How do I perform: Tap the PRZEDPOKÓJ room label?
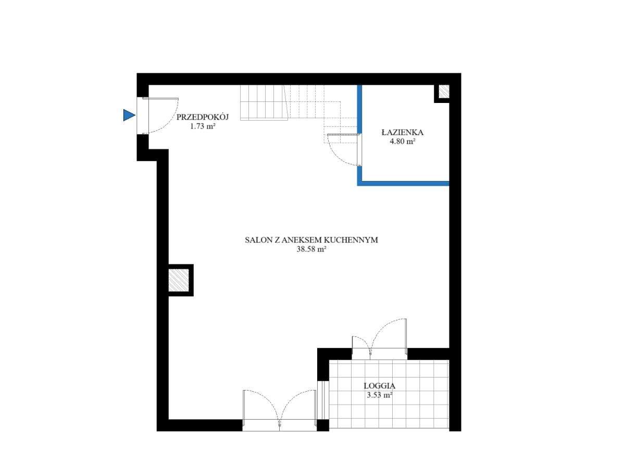(203, 117)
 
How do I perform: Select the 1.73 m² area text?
(203, 125)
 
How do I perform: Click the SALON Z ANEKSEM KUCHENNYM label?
(311, 240)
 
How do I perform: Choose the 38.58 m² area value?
(311, 249)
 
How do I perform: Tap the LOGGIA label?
(380, 386)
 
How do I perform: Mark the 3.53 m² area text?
(380, 395)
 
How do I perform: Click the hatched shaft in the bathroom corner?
(443, 92)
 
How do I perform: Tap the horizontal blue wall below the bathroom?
(404, 183)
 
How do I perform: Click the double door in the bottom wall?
(280, 411)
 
